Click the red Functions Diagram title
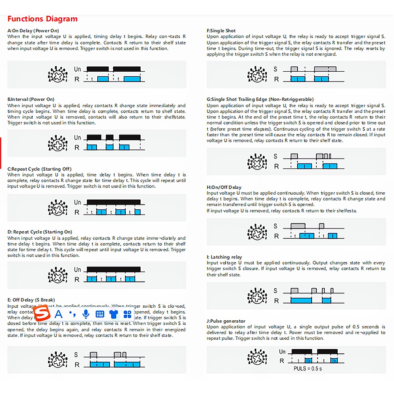pyautogui.click(x=43, y=19)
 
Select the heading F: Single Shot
pyautogui.click(x=221, y=30)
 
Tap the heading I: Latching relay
pyautogui.click(x=224, y=257)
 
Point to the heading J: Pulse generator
pyautogui.click(x=226, y=321)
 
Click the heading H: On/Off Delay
pyautogui.click(x=224, y=187)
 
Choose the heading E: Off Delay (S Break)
pyautogui.click(x=31, y=300)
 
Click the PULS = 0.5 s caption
pyautogui.click(x=308, y=369)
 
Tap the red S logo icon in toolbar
pyautogui.click(x=41, y=314)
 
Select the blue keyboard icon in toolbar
pyautogui.click(x=100, y=314)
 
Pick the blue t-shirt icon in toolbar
pyautogui.click(x=113, y=314)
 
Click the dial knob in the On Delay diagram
pyautogui.click(x=56, y=74)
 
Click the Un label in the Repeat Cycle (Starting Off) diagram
pyautogui.click(x=78, y=203)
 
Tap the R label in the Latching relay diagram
pyautogui.click(x=277, y=301)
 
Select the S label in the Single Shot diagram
pyautogui.click(x=276, y=69)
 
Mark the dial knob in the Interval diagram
pyautogui.click(x=56, y=142)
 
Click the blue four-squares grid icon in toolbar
pyautogui.click(x=127, y=314)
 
